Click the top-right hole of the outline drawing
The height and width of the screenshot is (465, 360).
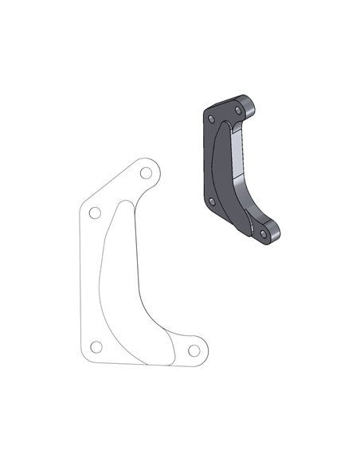146,173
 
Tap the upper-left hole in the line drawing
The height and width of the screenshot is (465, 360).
94,213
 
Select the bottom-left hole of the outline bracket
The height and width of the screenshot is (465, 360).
96,346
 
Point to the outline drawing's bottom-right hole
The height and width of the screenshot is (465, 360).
193,349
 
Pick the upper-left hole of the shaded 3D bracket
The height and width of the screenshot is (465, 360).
211,120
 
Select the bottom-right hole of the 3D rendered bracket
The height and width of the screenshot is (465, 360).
263,232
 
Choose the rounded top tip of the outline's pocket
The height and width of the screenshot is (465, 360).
128,202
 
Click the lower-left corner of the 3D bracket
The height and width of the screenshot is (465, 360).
205,209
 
